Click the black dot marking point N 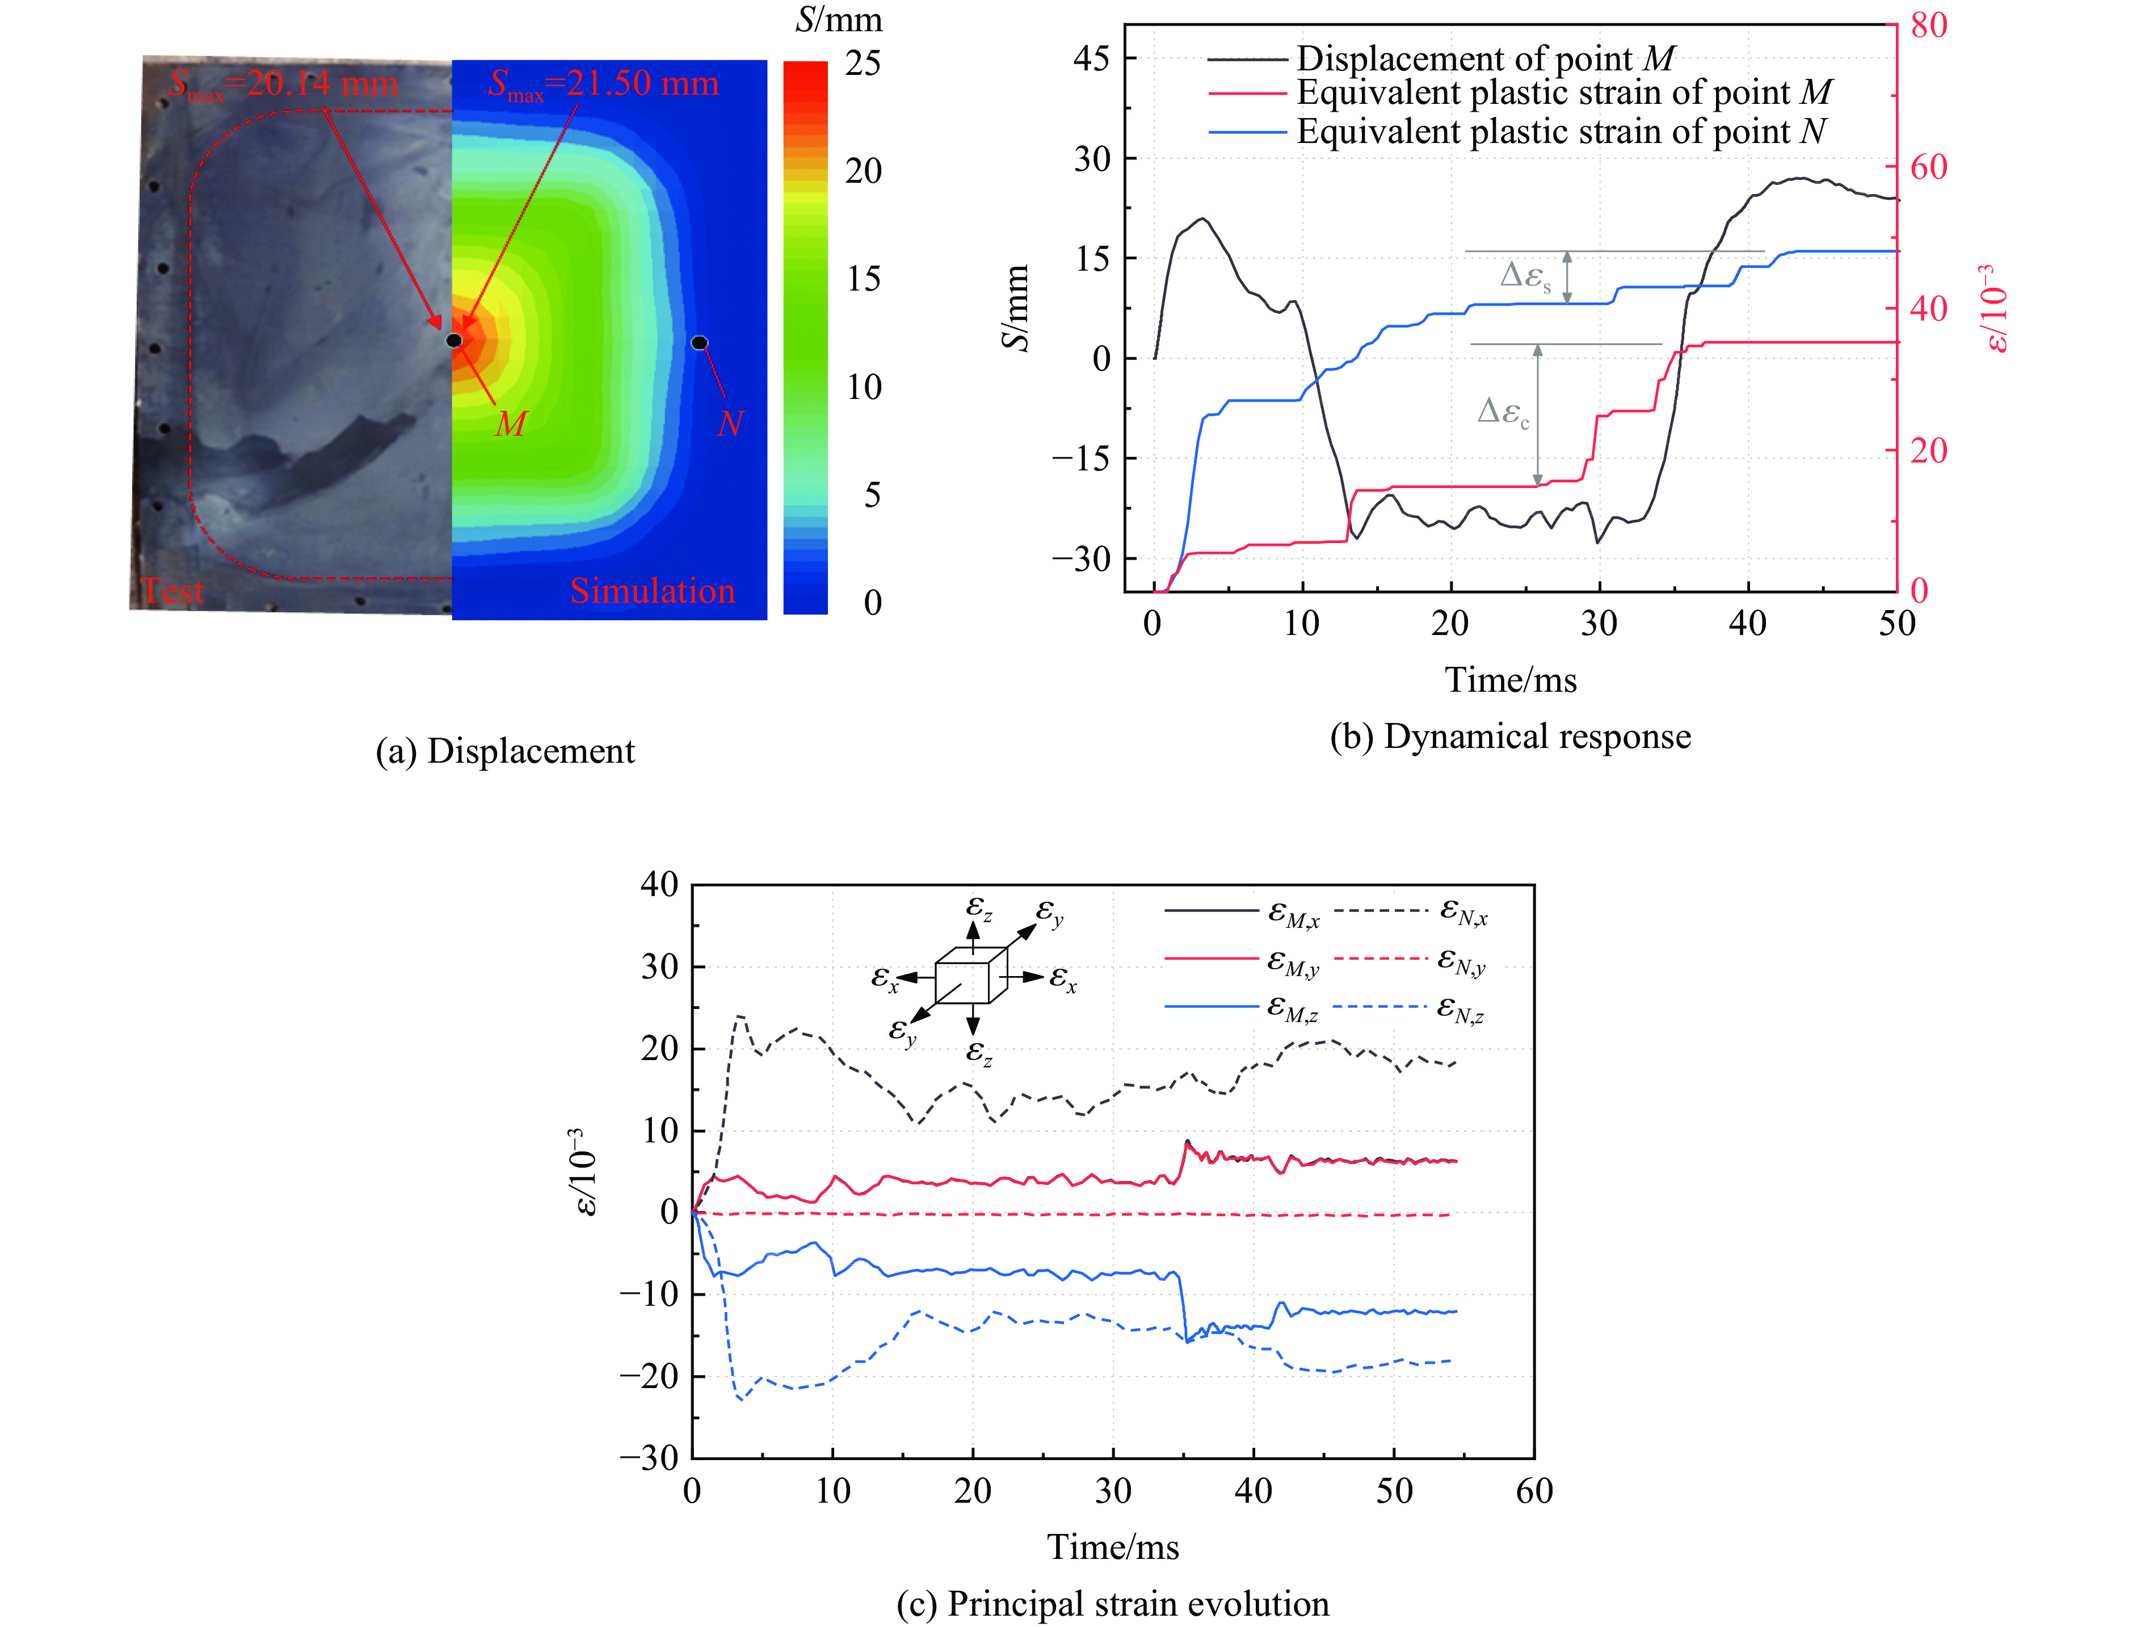tap(699, 342)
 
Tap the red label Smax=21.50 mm tap(603, 85)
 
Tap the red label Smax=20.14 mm tap(283, 85)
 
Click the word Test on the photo tap(173, 591)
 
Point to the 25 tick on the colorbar tap(862, 64)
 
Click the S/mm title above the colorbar tap(839, 20)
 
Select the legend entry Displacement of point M tap(1484, 58)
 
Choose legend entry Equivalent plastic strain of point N tap(1561, 131)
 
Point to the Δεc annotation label tap(1503, 412)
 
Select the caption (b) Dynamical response tap(1510, 737)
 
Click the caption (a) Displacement tap(504, 751)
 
